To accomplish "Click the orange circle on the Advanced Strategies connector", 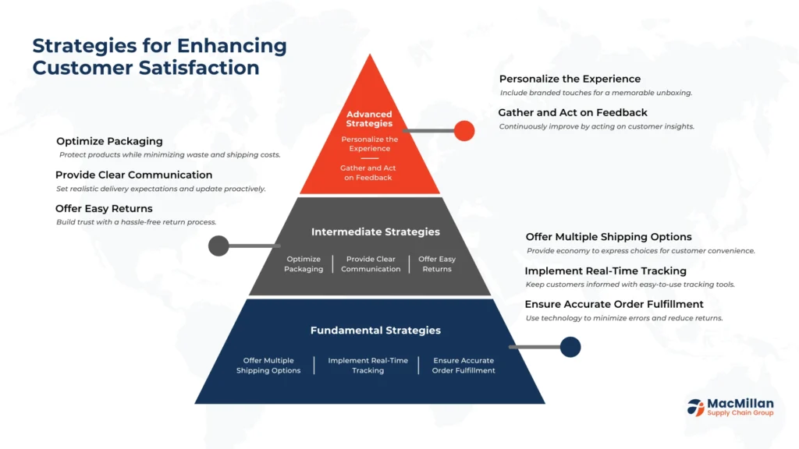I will [464, 131].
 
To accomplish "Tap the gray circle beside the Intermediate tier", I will [218, 246].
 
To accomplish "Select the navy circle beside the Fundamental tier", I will [570, 347].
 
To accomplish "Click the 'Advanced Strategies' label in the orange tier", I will [370, 118].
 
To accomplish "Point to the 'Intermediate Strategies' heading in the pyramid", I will [375, 232].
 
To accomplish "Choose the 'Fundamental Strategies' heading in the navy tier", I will [375, 331].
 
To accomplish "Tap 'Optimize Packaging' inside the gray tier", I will [304, 264].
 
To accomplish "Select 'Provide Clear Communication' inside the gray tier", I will [371, 264].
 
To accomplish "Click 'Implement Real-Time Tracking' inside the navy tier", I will [368, 366].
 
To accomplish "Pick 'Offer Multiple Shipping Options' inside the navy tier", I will [268, 366].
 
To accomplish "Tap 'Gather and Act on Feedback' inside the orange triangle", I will [370, 172].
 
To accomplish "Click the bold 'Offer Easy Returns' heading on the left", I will [104, 209].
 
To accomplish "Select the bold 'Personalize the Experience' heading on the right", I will [570, 79].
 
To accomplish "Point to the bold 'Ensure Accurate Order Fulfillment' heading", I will [614, 304].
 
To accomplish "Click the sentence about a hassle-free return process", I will [136, 222].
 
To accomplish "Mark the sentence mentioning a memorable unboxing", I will [596, 93].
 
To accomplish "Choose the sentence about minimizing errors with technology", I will [624, 318].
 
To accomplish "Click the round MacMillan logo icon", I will [695, 406].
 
